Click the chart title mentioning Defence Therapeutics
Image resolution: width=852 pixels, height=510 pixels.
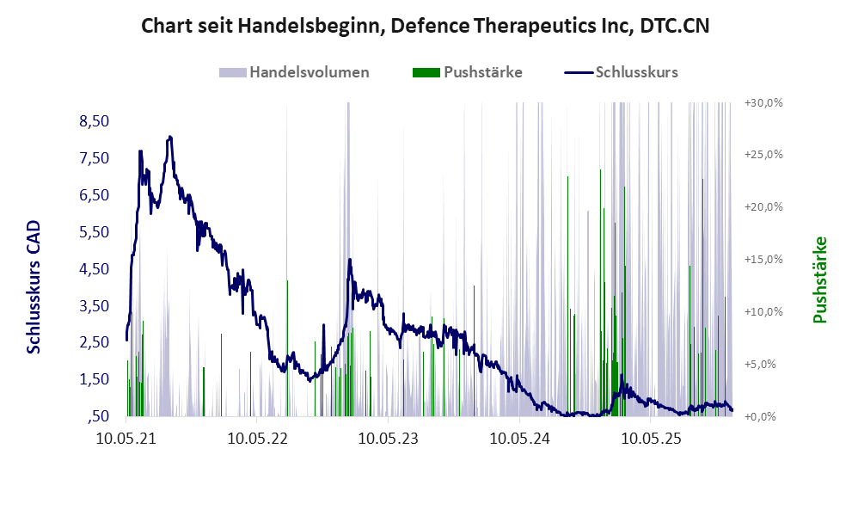pyautogui.click(x=426, y=26)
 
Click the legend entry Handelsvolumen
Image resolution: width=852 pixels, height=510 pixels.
pyautogui.click(x=309, y=72)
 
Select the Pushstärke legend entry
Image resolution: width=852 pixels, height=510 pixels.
pyautogui.click(x=482, y=72)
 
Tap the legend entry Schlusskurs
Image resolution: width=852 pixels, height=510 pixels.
pyautogui.click(x=636, y=72)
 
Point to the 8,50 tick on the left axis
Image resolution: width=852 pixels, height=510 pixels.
pyautogui.click(x=94, y=121)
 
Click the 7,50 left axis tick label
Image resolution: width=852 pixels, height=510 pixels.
pyautogui.click(x=94, y=158)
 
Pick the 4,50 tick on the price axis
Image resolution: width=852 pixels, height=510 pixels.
pyautogui.click(x=94, y=268)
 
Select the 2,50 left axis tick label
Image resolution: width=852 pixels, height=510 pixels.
pyautogui.click(x=94, y=342)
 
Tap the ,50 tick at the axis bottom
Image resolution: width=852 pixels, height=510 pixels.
pyautogui.click(x=97, y=416)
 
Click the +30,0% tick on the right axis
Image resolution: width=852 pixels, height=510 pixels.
pyautogui.click(x=763, y=102)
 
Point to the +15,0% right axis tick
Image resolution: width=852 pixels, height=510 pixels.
pyautogui.click(x=763, y=259)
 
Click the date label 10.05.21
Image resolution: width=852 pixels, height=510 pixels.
pyautogui.click(x=126, y=439)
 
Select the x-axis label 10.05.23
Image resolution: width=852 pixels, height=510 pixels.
pyautogui.click(x=388, y=439)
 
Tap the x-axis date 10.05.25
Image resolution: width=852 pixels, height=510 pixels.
pyautogui.click(x=650, y=439)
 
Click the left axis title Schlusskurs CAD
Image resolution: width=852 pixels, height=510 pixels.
pyautogui.click(x=34, y=286)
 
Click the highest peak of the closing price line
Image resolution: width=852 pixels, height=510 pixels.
pyautogui.click(x=170, y=137)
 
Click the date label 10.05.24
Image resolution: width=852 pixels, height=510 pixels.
pyautogui.click(x=519, y=439)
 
